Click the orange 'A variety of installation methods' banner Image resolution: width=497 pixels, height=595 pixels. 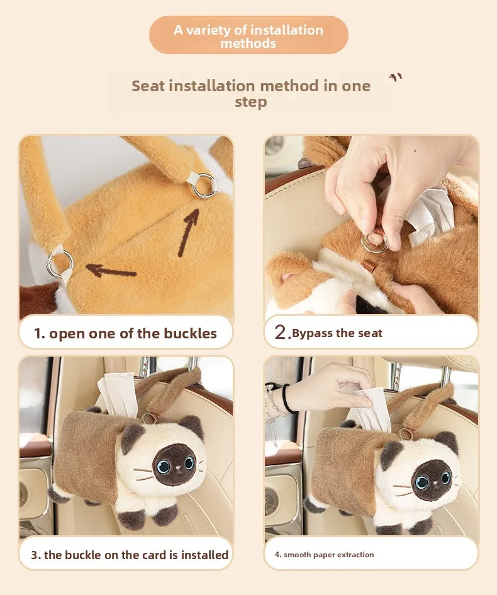click(x=248, y=35)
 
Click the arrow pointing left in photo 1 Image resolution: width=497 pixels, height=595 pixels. click(x=111, y=270)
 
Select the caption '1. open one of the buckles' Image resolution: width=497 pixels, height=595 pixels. click(x=125, y=333)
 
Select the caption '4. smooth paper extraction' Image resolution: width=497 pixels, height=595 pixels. click(x=324, y=555)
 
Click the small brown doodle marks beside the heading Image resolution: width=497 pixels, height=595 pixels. click(x=395, y=77)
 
